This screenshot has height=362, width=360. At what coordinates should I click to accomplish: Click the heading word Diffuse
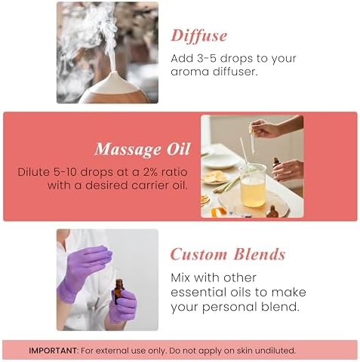pyautogui.click(x=199, y=35)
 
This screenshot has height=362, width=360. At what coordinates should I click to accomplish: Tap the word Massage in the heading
pyautogui.click(x=128, y=149)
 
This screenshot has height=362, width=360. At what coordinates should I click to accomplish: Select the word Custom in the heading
pyautogui.click(x=198, y=254)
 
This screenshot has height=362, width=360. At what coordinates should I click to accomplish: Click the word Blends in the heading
pyautogui.click(x=260, y=254)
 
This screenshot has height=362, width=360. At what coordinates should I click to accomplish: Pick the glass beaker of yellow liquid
pyautogui.click(x=253, y=186)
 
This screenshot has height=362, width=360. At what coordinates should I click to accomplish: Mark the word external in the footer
pyautogui.click(x=113, y=351)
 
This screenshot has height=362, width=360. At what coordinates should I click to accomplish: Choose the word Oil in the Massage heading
pyautogui.click(x=178, y=149)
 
